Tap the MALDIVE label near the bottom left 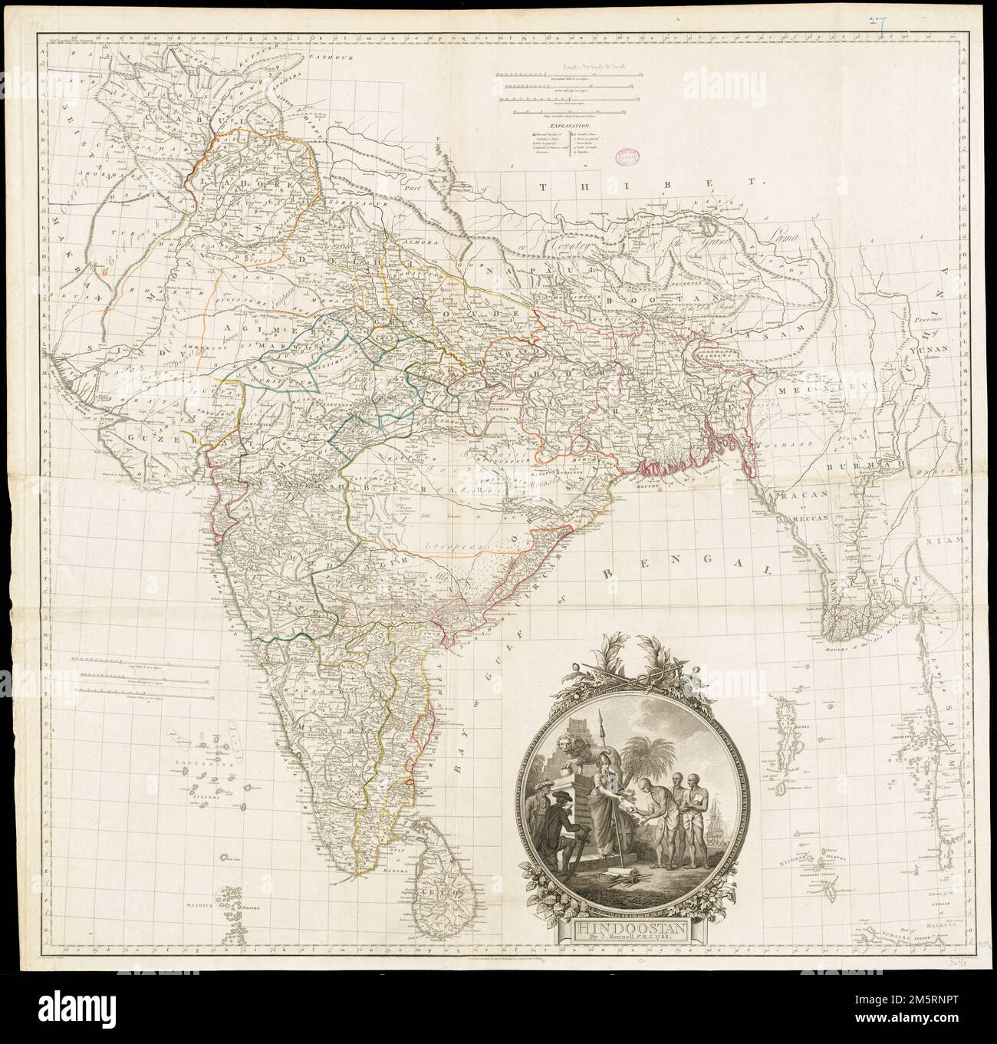pyautogui.click(x=197, y=904)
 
